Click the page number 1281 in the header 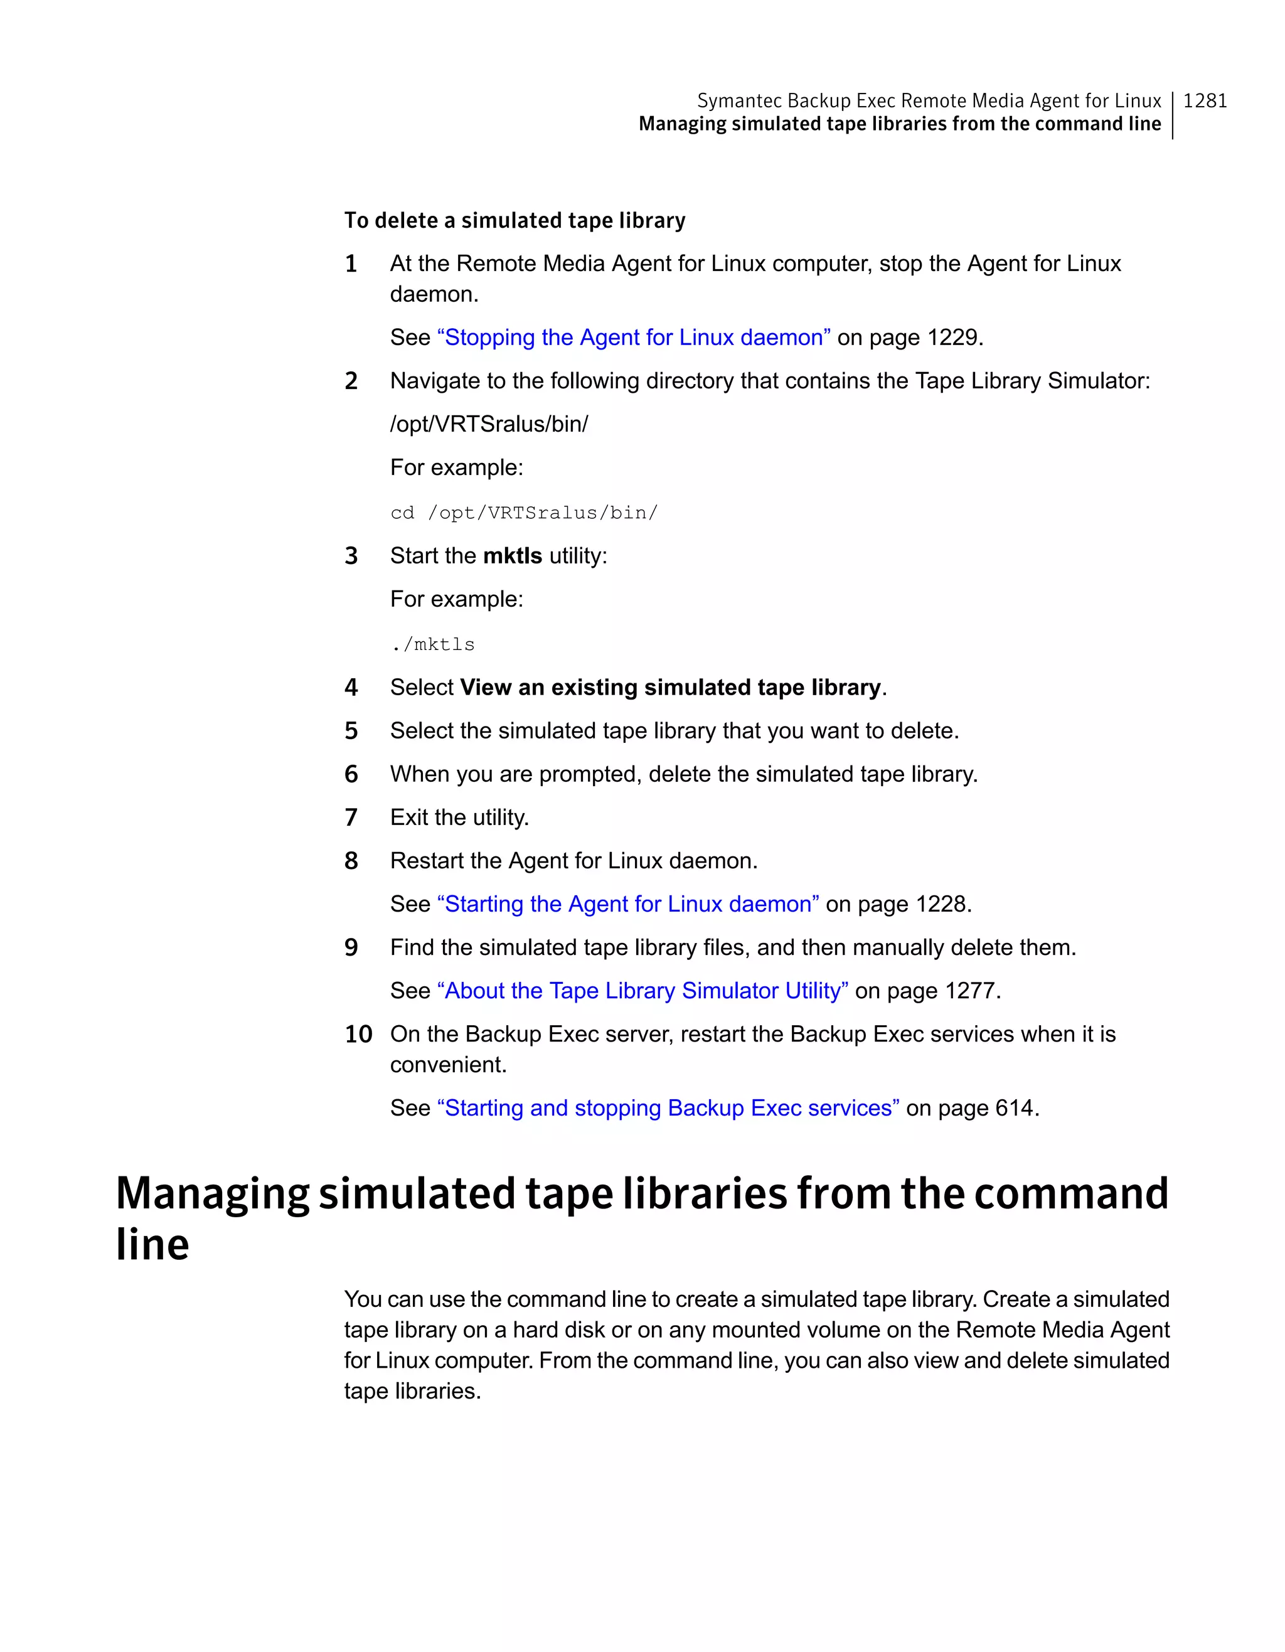[1204, 100]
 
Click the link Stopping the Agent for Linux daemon [633, 338]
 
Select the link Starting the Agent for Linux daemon [627, 904]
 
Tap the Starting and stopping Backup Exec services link [668, 1108]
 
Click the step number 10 [358, 1034]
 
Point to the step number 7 [351, 818]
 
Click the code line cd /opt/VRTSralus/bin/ [523, 513]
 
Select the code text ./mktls [432, 644]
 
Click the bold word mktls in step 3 [512, 556]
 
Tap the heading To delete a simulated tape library [515, 220]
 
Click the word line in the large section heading [152, 1244]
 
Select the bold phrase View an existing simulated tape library [670, 688]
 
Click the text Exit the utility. [459, 818]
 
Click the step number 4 [351, 688]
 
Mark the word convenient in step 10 [448, 1065]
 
